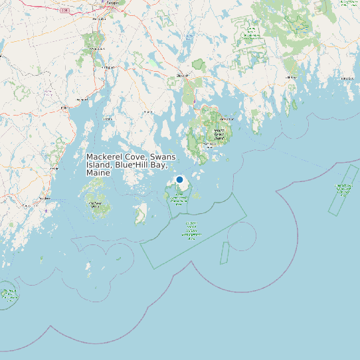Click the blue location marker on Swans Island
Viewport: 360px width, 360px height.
pos(179,180)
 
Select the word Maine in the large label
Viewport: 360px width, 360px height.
pos(98,173)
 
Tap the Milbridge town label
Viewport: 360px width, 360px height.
pos(290,78)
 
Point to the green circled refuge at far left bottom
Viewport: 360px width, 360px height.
pos(7,295)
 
